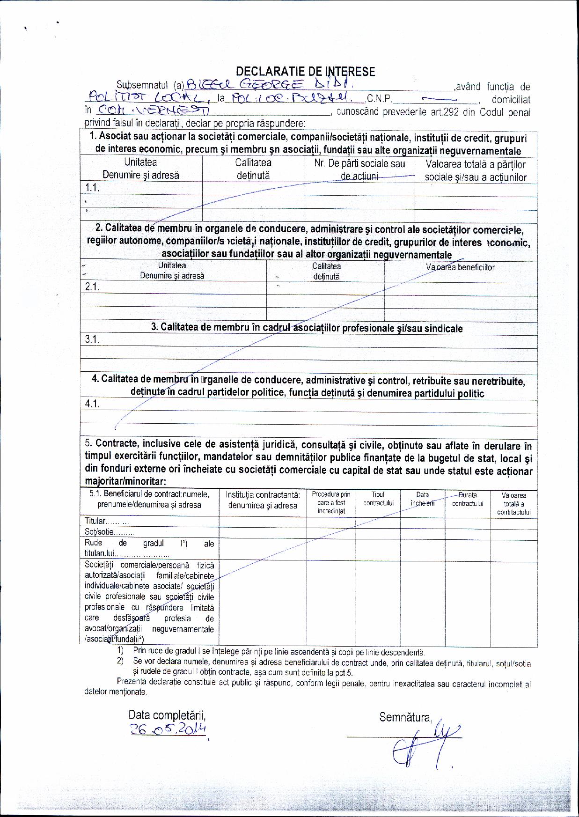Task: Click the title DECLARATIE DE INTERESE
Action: point(305,72)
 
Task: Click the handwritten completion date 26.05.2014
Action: point(169,729)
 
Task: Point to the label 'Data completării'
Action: point(167,715)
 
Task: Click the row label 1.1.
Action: point(92,188)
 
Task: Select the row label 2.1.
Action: point(92,287)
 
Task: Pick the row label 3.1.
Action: point(92,339)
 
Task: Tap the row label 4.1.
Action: point(92,404)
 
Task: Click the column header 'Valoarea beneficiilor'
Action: point(460,267)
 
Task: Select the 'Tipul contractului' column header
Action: point(378,499)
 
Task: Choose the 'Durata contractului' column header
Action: point(467,499)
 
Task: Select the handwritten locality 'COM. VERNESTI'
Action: point(153,111)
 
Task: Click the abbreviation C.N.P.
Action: point(380,99)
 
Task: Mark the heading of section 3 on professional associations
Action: point(307,328)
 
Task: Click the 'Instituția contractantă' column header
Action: point(263,500)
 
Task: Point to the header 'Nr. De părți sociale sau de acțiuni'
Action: point(359,170)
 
